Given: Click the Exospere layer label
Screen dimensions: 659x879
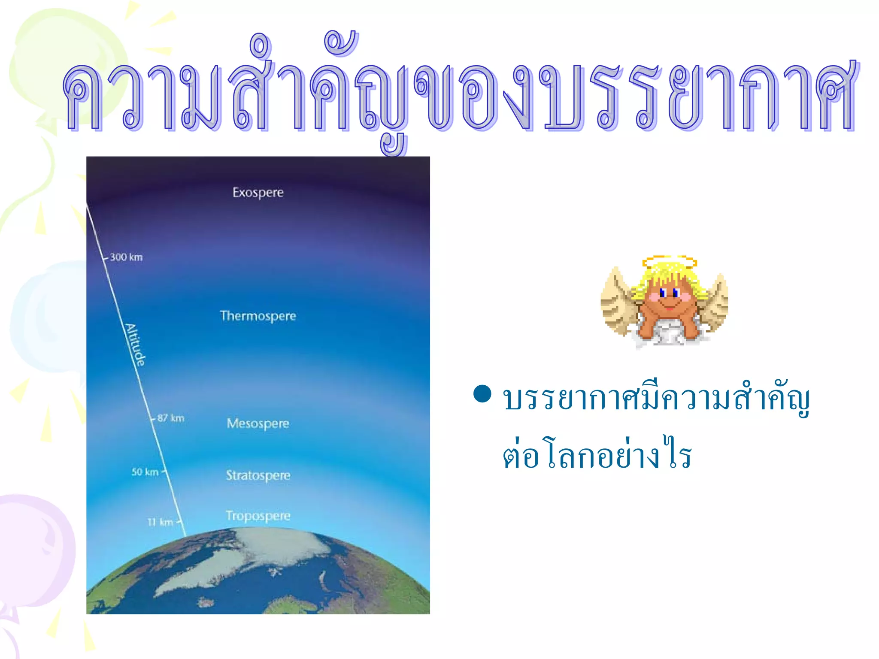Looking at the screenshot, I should (258, 192).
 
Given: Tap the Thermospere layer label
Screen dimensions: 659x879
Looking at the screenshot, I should (258, 316).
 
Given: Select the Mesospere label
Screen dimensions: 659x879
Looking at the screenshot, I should (258, 423).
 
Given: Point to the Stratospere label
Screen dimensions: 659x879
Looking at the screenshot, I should (258, 475).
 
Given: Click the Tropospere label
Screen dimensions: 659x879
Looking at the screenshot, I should (258, 515).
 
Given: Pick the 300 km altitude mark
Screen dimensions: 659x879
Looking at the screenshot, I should (126, 257).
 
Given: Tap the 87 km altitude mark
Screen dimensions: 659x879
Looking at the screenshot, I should (170, 418).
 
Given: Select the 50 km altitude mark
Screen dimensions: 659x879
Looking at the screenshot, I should (145, 472).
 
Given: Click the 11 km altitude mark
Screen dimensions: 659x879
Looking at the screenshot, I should (160, 522).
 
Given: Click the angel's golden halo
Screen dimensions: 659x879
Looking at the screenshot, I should (669, 261).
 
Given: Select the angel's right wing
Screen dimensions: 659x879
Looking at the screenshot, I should (713, 302).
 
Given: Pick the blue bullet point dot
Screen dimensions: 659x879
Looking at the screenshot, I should (482, 394).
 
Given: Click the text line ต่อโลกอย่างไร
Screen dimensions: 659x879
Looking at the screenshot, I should (597, 454).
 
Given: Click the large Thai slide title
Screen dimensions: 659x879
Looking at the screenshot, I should (459, 94).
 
